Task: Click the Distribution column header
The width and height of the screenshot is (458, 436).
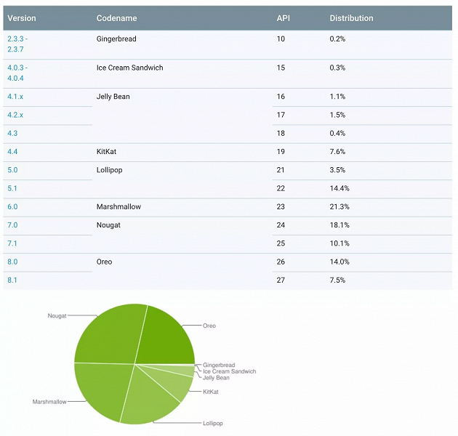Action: coord(351,18)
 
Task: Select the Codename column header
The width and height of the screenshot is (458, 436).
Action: coord(116,18)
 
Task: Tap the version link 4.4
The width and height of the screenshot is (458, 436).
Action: coord(12,152)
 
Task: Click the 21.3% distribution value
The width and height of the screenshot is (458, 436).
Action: coord(337,207)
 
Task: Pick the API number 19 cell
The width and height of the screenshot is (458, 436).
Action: coord(281,152)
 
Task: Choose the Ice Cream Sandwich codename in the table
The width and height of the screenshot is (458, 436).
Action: coord(129,68)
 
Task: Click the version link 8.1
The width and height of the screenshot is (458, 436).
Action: coord(12,280)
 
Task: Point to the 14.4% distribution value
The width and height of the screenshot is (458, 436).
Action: coord(337,188)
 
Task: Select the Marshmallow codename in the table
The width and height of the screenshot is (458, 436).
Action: coord(118,207)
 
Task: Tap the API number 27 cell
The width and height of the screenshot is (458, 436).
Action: coord(281,280)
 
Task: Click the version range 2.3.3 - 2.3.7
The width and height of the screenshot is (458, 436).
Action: coord(17,44)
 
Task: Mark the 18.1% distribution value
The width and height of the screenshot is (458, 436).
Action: coord(337,225)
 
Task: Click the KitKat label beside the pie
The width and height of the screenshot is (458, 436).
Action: coord(211,392)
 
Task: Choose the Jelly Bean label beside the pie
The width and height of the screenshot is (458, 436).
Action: coord(217,378)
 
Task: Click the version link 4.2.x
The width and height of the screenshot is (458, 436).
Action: coord(15,115)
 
